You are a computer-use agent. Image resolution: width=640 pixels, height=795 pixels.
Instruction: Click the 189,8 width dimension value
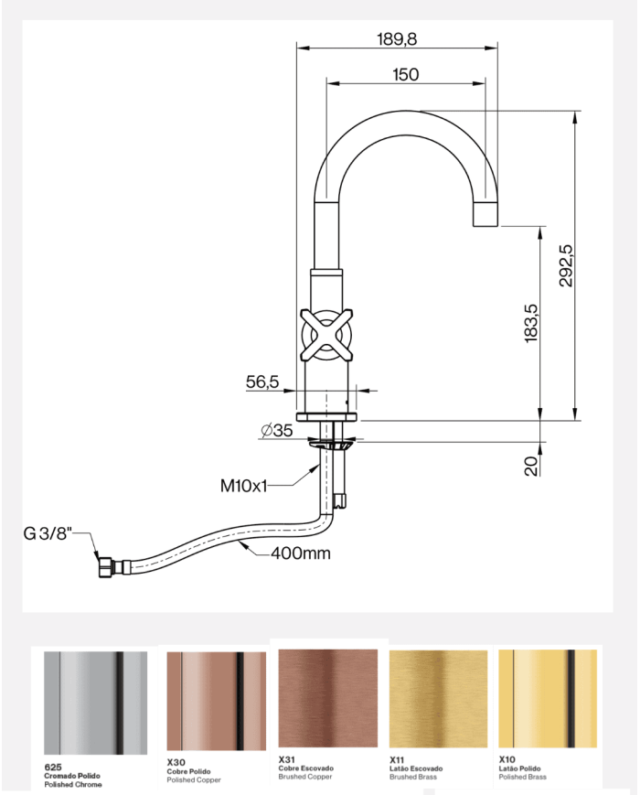click(x=397, y=39)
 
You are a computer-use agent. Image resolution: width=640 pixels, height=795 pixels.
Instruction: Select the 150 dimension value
click(x=405, y=75)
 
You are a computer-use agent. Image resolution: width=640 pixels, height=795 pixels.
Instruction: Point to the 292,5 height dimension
click(x=566, y=266)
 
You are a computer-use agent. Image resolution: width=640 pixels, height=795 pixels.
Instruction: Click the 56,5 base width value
click(x=261, y=382)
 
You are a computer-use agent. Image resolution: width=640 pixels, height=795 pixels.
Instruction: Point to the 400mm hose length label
click(x=300, y=553)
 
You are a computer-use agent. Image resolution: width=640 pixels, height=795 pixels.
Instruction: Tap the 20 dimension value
click(x=531, y=467)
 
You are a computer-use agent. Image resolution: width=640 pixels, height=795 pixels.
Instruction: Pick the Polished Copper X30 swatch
click(x=216, y=701)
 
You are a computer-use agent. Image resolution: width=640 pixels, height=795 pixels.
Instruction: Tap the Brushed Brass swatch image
click(x=440, y=700)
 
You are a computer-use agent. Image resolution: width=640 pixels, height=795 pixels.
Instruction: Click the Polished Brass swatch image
click(x=548, y=700)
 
